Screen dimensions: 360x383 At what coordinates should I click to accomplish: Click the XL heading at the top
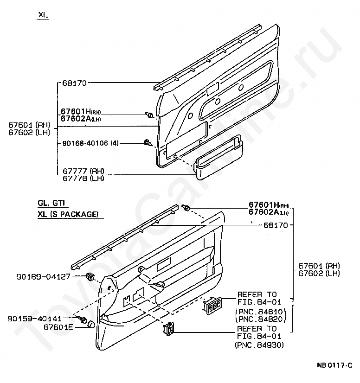click(43, 15)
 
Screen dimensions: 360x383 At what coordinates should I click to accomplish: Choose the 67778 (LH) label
click(83, 178)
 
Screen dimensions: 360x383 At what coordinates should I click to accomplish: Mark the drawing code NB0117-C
click(334, 366)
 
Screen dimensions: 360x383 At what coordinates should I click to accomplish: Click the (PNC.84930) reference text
click(260, 345)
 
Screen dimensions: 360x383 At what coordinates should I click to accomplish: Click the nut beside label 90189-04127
click(90, 277)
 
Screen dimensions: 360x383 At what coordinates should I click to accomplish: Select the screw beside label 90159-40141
click(84, 319)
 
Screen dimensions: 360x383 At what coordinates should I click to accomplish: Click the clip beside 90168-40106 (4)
click(148, 143)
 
